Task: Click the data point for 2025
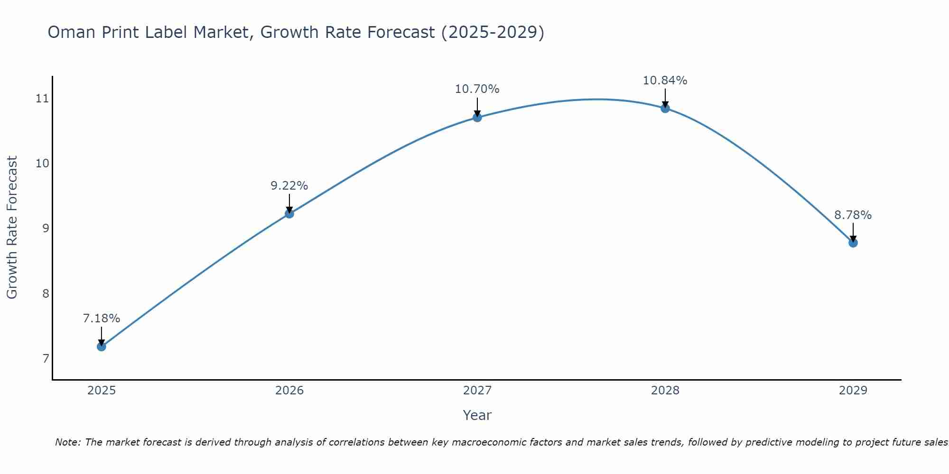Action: point(101,346)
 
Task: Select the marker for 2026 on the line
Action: point(289,214)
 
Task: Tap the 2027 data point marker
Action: point(477,118)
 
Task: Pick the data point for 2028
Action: point(665,109)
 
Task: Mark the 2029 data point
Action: point(853,243)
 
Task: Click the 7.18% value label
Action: point(101,319)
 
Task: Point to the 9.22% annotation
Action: point(289,186)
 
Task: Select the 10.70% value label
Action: point(477,89)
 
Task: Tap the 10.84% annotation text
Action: point(665,81)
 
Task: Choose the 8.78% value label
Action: point(853,215)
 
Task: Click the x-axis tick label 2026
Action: point(289,391)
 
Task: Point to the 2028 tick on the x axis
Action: point(665,391)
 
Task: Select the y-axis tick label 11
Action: point(42,99)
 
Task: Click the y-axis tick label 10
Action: point(42,164)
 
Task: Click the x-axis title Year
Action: point(477,415)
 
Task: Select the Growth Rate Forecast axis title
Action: point(12,228)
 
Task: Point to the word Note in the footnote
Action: point(67,442)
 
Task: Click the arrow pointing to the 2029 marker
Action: point(853,232)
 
